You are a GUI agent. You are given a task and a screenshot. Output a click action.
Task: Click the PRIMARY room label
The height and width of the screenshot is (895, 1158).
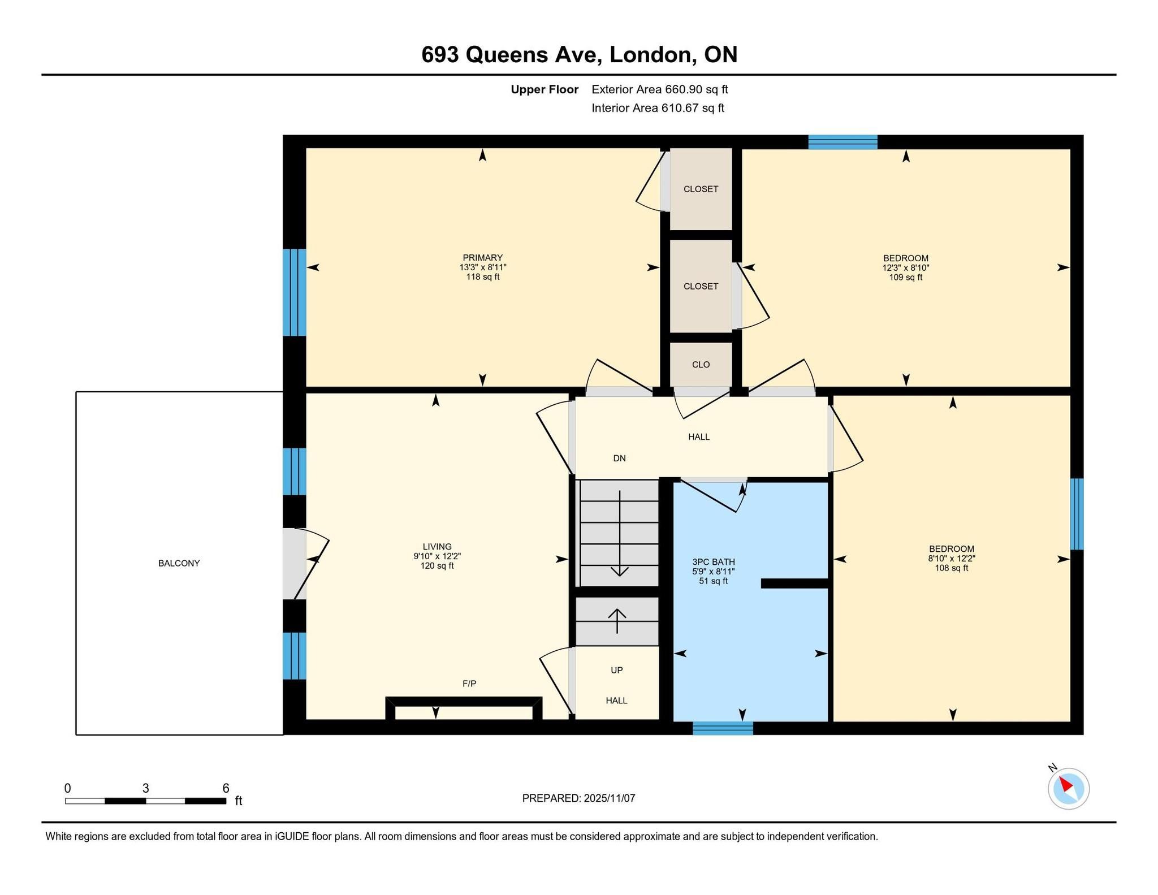[x=482, y=258]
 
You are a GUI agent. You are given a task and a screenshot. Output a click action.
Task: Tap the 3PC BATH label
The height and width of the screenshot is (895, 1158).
[x=714, y=562]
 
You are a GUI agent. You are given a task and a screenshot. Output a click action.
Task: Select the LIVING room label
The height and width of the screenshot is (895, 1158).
[x=437, y=547]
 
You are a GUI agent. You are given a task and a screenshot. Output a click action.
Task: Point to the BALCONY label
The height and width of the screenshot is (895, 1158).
[x=179, y=563]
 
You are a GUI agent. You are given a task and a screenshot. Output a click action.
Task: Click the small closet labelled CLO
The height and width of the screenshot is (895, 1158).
[x=701, y=365]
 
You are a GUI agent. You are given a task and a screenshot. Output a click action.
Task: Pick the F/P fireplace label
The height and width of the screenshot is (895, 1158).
[x=469, y=684]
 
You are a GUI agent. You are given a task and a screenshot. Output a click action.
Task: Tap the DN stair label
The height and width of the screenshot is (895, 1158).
[x=620, y=459]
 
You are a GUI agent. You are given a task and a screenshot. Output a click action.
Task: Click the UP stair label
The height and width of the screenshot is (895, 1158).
[x=617, y=670]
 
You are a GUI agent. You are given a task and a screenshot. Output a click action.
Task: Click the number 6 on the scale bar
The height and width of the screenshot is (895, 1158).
[x=226, y=788]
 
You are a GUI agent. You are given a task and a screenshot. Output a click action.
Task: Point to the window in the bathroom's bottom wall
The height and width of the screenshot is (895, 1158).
[x=723, y=728]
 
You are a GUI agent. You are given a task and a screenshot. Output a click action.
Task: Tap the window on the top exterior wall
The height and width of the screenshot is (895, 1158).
[x=842, y=142]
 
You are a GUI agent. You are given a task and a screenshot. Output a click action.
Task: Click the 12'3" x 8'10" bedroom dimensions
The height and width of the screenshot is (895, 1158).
[x=906, y=268]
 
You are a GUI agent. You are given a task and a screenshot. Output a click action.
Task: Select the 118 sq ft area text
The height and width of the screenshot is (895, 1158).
[x=482, y=277]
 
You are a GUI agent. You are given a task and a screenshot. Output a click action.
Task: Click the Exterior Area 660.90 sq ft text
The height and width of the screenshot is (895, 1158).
[x=660, y=89]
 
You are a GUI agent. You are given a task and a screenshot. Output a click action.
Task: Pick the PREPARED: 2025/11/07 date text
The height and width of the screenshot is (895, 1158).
[x=578, y=798]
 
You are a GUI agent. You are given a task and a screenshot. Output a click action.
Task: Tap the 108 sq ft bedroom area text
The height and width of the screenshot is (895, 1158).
[x=952, y=568]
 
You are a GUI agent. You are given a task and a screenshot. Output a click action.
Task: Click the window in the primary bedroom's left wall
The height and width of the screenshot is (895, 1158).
[x=295, y=293]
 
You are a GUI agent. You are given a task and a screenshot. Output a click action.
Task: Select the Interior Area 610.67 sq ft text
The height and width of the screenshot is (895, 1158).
[x=658, y=108]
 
